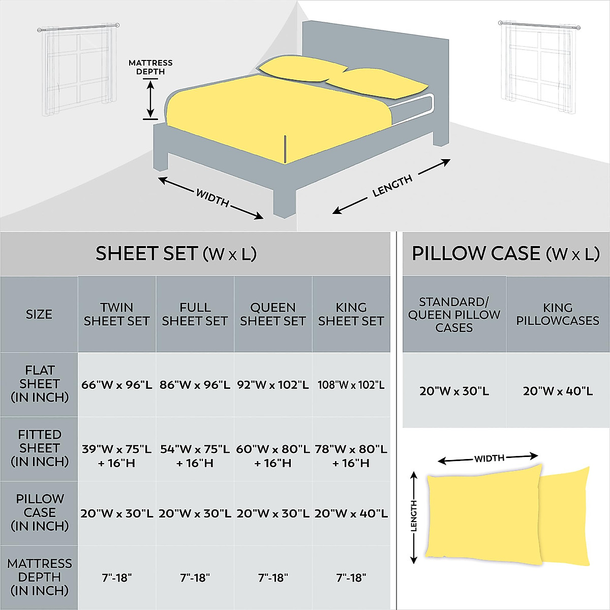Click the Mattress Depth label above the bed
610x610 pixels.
(x=150, y=67)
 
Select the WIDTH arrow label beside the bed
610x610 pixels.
(x=212, y=198)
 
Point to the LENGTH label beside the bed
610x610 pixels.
(x=392, y=186)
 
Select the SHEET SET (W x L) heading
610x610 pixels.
(x=176, y=254)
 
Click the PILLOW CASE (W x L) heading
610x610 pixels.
(x=505, y=254)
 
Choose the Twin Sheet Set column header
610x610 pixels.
(x=117, y=314)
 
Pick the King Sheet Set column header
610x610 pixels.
(x=351, y=314)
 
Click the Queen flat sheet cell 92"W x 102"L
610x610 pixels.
(x=273, y=385)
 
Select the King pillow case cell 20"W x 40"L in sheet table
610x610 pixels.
(x=351, y=513)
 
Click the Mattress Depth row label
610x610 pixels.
(x=40, y=577)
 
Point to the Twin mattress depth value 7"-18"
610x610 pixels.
(x=117, y=578)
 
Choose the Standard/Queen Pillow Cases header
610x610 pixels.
(x=454, y=315)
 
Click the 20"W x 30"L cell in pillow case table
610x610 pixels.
(x=454, y=391)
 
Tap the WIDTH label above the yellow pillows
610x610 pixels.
(x=489, y=459)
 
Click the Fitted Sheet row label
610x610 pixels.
(x=40, y=448)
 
